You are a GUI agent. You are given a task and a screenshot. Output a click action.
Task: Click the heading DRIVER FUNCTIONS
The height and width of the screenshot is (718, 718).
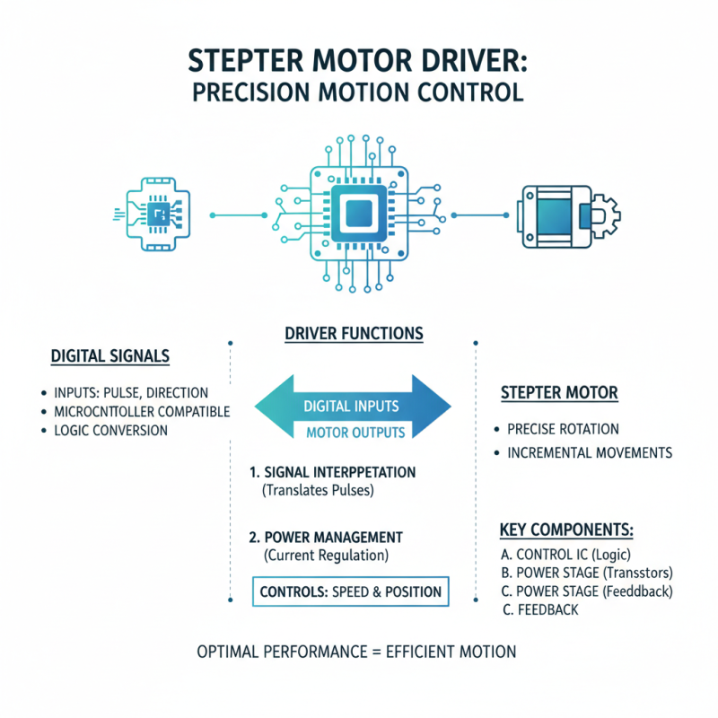(x=353, y=333)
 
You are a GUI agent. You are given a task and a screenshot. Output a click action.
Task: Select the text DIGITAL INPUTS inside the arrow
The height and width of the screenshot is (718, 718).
(x=352, y=407)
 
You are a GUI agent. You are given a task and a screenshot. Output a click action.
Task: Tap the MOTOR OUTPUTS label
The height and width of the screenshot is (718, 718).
(x=355, y=433)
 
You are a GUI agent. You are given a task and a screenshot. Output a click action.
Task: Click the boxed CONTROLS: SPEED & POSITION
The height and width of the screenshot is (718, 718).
(x=350, y=591)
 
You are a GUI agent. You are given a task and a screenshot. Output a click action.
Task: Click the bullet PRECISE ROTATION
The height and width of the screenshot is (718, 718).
(x=563, y=429)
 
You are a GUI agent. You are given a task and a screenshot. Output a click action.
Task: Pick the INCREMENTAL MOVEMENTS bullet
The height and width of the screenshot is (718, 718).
(x=589, y=452)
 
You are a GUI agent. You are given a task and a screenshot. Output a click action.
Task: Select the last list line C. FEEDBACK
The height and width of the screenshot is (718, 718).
(x=540, y=609)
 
